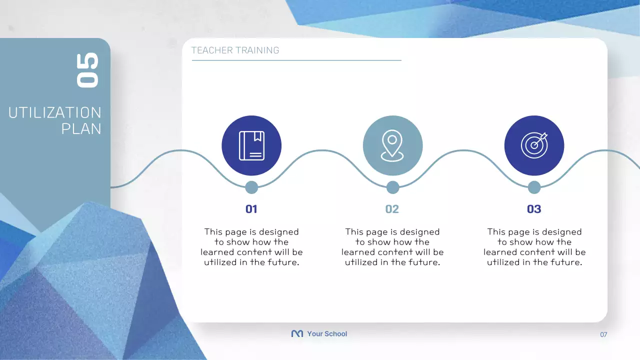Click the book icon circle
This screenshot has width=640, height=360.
click(251, 145)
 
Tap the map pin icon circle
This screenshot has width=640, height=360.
click(392, 145)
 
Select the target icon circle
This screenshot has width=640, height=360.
click(534, 145)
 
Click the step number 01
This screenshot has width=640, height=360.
click(251, 209)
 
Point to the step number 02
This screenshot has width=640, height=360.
click(392, 209)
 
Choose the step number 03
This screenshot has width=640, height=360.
click(534, 209)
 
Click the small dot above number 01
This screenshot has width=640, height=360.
click(251, 187)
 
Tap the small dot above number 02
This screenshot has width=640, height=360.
click(393, 187)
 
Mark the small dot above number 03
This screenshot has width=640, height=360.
click(534, 187)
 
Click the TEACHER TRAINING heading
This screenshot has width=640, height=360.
click(235, 50)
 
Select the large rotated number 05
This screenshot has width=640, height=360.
click(87, 70)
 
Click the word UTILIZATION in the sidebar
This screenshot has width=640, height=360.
click(55, 112)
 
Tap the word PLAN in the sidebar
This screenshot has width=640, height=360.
click(81, 128)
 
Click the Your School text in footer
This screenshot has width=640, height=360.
click(327, 333)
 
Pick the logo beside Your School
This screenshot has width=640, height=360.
click(297, 333)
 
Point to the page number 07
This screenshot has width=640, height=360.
click(603, 334)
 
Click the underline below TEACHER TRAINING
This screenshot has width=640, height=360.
click(296, 60)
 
